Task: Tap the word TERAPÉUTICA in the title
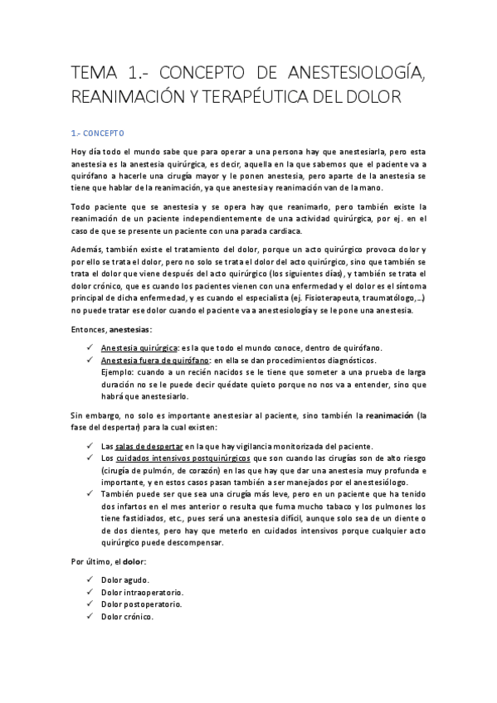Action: click(x=274, y=97)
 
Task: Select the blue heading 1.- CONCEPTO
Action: click(x=98, y=132)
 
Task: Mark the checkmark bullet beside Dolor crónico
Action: click(x=88, y=618)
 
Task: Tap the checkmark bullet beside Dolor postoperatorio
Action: click(x=88, y=605)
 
